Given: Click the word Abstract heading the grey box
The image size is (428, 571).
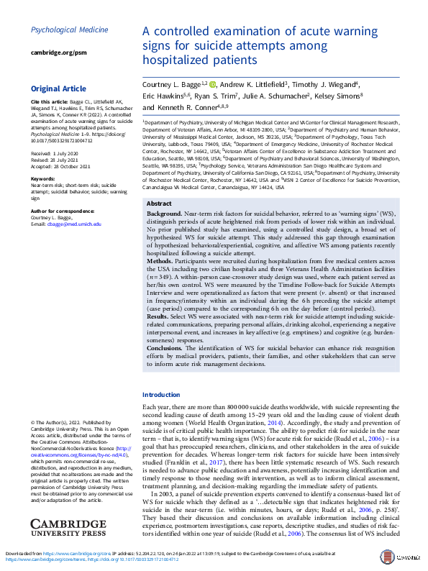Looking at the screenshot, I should (159, 204).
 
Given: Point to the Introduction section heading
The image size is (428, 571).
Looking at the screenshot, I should (162, 395).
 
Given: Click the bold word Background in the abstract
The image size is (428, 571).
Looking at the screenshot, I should (165, 215).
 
